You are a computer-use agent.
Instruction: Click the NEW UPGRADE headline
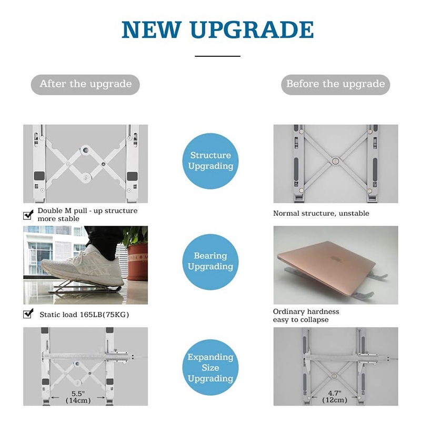coord(217,29)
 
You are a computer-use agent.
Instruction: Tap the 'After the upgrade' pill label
coord(85,85)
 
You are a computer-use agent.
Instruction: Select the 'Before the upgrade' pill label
coord(335,85)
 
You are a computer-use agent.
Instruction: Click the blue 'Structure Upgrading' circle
coord(210,161)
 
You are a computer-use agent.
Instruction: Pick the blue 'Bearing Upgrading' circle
coord(210,262)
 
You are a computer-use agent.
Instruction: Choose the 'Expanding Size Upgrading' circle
coord(210,367)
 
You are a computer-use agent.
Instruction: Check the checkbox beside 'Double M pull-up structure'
coord(28,215)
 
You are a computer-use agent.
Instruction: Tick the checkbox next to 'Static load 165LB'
coord(28,313)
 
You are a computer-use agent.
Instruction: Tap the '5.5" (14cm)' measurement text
coord(78,397)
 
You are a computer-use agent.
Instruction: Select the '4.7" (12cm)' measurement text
coord(335,397)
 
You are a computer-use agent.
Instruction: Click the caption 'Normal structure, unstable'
coord(321,214)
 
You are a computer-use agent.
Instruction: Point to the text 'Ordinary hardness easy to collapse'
coord(306,315)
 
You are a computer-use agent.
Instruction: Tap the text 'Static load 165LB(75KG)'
coord(84,314)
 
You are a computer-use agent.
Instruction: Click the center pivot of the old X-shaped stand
coord(335,161)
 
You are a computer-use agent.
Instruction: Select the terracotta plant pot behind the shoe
coord(137,261)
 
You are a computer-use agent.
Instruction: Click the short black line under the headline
coord(217,56)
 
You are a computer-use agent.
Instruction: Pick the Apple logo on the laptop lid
coord(336,258)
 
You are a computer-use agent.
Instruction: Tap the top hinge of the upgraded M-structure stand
coord(85,150)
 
